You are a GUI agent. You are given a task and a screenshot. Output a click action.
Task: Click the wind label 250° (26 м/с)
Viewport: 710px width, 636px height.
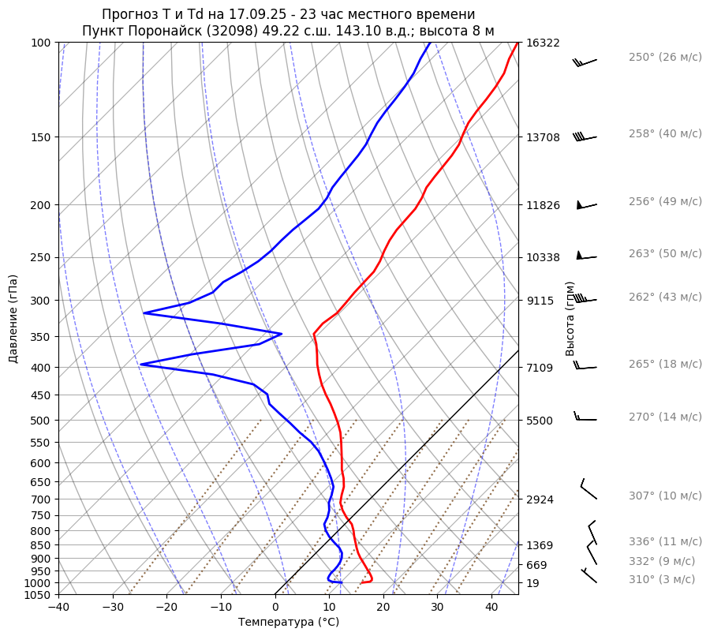point(665,58)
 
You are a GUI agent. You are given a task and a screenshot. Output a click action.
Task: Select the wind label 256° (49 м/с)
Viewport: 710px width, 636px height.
point(665,202)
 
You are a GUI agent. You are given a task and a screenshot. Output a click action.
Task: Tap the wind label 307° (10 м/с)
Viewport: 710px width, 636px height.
point(665,496)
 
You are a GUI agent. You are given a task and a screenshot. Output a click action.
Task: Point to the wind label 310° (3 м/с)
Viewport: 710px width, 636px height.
point(662,580)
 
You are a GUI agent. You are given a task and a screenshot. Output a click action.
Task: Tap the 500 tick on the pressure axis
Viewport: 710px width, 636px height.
point(40,421)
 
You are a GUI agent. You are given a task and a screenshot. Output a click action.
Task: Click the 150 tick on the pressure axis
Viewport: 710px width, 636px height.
point(40,137)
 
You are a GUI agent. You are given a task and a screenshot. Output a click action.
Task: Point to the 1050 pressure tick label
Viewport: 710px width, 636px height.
point(38,595)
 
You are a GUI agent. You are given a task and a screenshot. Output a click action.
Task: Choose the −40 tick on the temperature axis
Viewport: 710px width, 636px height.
point(58,608)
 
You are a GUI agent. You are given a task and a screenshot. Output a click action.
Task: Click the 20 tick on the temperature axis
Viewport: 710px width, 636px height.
point(383,608)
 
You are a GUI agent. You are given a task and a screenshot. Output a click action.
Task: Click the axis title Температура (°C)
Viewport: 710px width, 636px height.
point(289,623)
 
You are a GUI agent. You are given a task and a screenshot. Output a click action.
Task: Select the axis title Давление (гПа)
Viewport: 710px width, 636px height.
point(13,319)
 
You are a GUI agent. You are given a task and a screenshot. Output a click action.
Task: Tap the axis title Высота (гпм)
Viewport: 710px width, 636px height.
point(570,319)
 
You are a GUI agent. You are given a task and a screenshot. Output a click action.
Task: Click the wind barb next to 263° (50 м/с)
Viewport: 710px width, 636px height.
point(586,256)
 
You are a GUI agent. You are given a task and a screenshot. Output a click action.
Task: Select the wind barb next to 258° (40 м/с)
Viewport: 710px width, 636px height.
point(585,137)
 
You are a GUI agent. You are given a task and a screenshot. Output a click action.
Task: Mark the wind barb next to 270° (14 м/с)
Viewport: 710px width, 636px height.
point(585,418)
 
